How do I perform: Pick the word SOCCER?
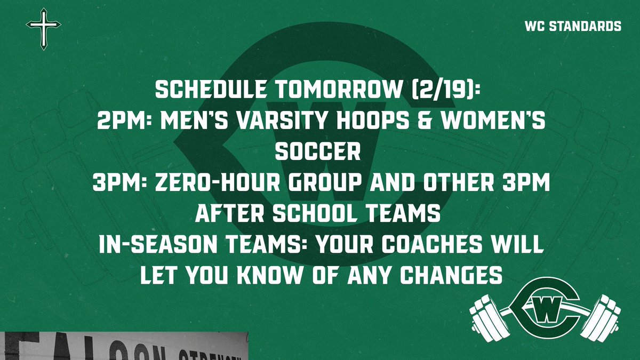point(317,153)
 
